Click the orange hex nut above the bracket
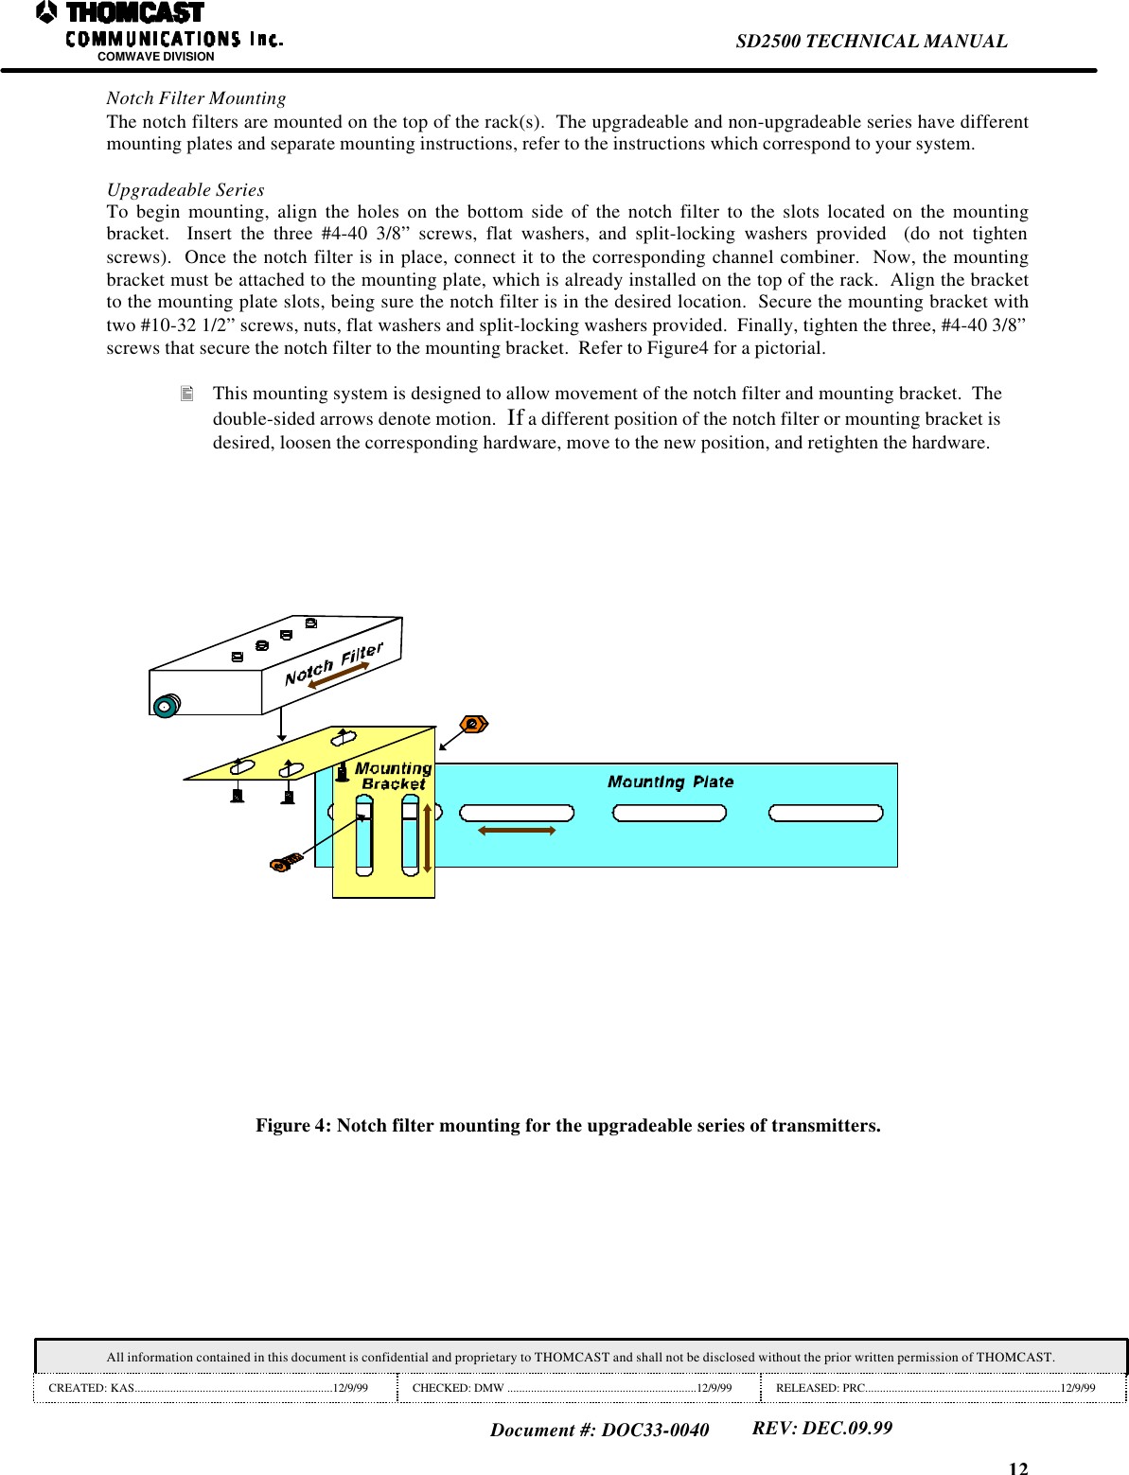pos(473,725)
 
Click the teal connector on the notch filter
pos(166,706)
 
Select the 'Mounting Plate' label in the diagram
pos(670,781)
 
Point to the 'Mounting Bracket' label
pos(393,776)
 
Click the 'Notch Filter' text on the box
pos(333,663)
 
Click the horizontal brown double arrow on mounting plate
pos(517,831)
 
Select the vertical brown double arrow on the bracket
pos(427,838)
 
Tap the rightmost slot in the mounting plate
pos(825,813)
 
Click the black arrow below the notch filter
pos(281,728)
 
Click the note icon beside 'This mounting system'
pos(187,394)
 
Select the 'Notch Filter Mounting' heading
pos(196,98)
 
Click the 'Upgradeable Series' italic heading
pos(185,190)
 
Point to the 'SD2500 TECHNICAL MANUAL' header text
pos(871,42)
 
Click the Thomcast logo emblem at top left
pos(46,12)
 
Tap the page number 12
pos(1017,1467)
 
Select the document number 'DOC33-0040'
pos(655,1430)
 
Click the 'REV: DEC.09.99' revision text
pos(821,1428)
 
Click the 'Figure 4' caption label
pos(293,1125)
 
